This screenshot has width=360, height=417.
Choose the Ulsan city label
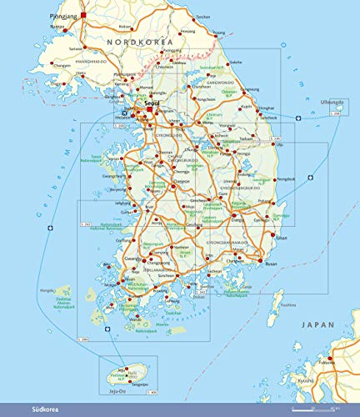[281, 238]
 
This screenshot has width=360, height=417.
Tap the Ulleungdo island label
[332, 103]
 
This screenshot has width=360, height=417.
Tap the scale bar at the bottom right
[315, 409]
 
